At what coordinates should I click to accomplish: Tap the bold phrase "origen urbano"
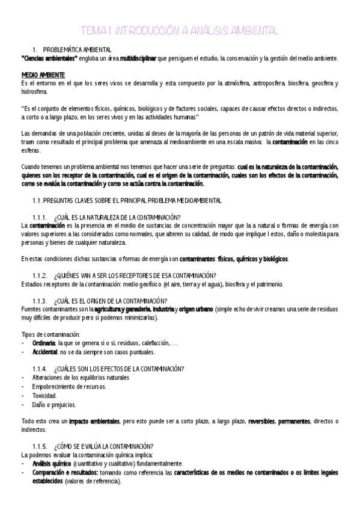(196, 309)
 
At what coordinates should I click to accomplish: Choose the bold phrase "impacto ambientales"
(94, 421)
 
